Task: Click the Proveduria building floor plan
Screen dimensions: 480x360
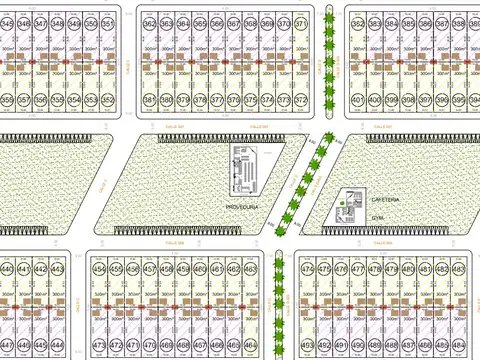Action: tap(245, 172)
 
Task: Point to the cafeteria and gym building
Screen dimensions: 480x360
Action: tap(349, 206)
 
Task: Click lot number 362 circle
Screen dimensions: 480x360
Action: tap(150, 22)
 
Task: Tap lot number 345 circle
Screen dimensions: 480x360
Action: tap(6, 22)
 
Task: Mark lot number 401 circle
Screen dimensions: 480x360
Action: tap(357, 99)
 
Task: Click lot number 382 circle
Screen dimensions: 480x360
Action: tap(357, 22)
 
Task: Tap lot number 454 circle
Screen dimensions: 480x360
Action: tap(98, 269)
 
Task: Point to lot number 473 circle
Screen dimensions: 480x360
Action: tap(98, 346)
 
